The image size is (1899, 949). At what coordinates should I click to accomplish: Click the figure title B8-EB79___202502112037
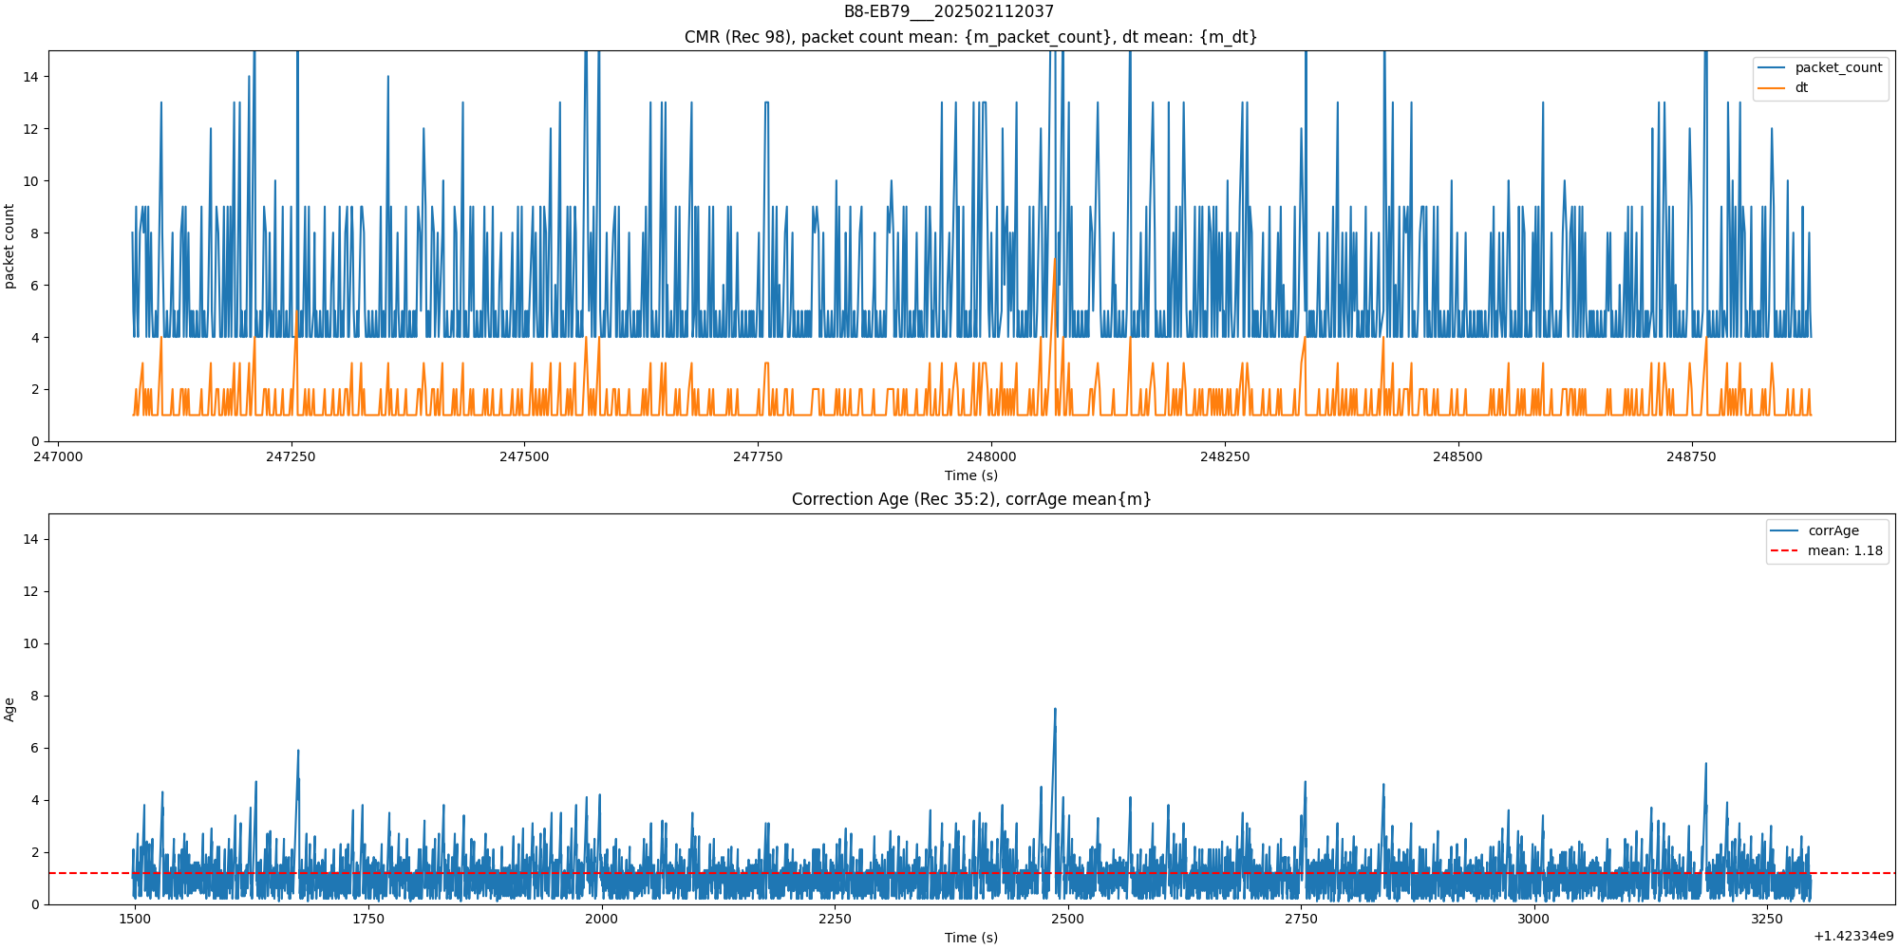click(x=949, y=11)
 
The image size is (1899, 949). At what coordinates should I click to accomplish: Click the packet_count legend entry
click(x=1837, y=68)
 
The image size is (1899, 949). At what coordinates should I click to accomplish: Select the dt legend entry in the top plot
click(x=1800, y=88)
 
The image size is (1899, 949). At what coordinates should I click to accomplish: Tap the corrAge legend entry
click(x=1833, y=531)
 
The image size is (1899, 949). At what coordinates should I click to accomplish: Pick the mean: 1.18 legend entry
click(x=1844, y=551)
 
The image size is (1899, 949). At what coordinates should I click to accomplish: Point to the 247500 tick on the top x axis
click(x=524, y=456)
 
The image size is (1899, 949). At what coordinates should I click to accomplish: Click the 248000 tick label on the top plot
click(x=991, y=456)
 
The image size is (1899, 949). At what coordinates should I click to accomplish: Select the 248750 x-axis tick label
click(x=1691, y=456)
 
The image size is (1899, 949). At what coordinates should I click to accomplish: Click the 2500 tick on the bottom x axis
click(x=1068, y=919)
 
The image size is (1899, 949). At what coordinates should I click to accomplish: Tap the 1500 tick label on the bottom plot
click(x=135, y=919)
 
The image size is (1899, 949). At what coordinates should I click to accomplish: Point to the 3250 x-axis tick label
click(x=1767, y=919)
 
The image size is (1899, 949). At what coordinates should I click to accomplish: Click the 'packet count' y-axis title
click(x=9, y=246)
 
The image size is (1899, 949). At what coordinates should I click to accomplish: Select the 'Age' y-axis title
click(x=9, y=709)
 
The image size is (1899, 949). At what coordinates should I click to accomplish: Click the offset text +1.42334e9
click(x=1852, y=937)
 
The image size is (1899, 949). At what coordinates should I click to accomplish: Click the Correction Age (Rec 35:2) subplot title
click(x=971, y=499)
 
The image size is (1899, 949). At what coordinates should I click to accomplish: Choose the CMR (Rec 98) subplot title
click(x=971, y=37)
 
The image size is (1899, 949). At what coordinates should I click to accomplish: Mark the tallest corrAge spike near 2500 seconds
click(x=1054, y=710)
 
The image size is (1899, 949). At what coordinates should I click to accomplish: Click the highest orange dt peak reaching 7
click(x=1054, y=259)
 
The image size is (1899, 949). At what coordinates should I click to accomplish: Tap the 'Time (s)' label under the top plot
click(x=971, y=475)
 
